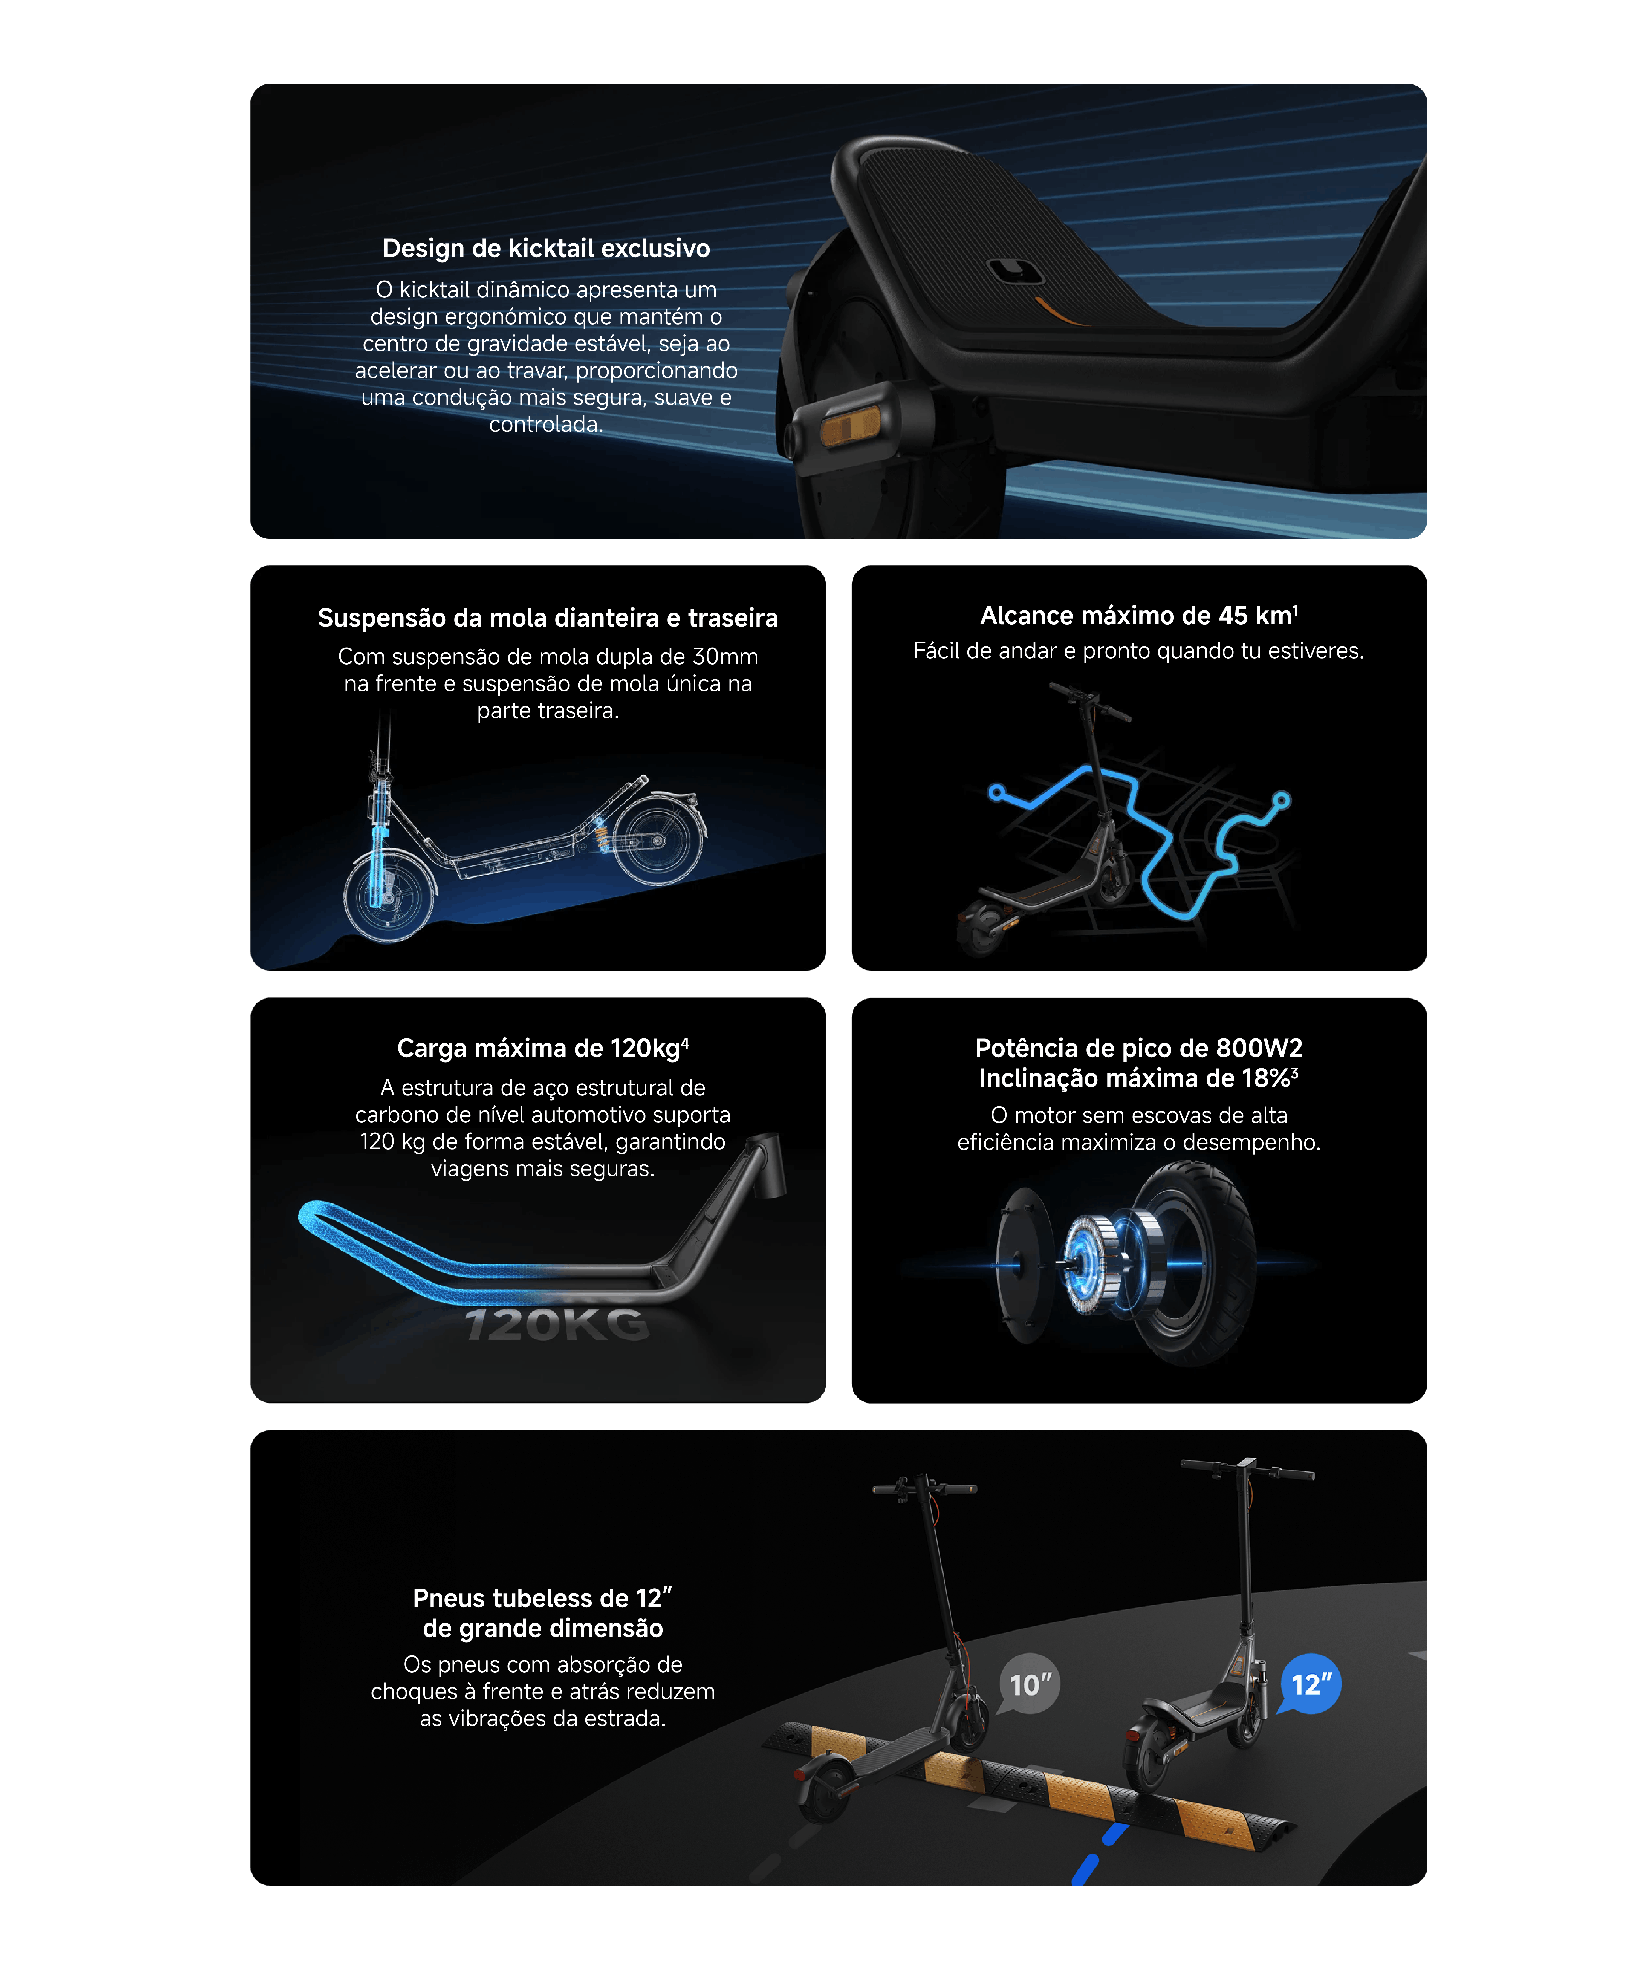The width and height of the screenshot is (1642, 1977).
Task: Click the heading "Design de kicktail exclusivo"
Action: tap(546, 249)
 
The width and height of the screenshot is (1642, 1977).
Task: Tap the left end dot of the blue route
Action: tap(996, 793)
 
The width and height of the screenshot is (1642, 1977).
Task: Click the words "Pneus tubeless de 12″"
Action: tap(542, 1599)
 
